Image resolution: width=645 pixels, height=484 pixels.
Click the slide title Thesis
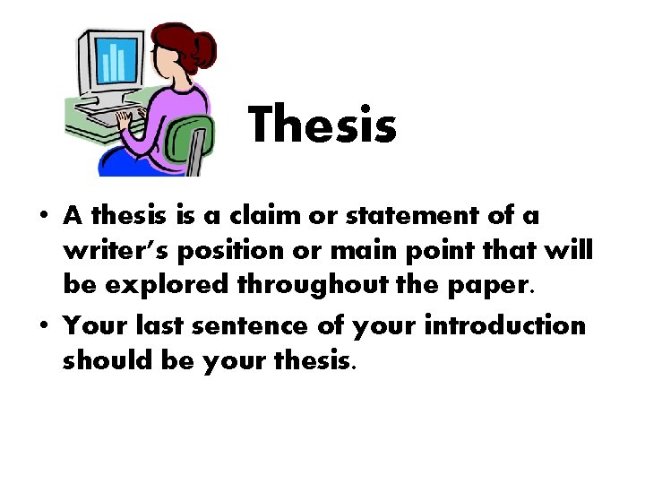(x=322, y=125)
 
